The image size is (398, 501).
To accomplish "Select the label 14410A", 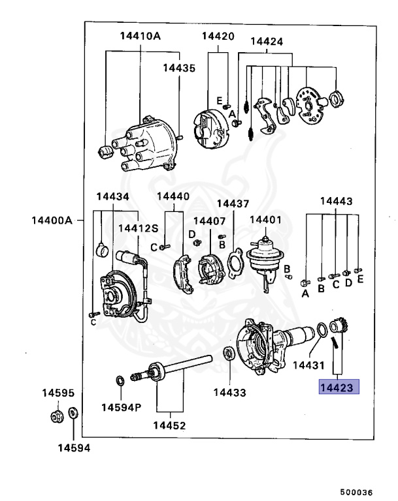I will (140, 37).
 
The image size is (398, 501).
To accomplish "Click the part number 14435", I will (178, 67).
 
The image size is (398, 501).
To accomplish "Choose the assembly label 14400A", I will (51, 220).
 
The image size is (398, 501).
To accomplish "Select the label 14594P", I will (121, 408).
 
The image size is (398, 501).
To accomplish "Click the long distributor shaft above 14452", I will (176, 366).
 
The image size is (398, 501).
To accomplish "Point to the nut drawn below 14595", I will (56, 416).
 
